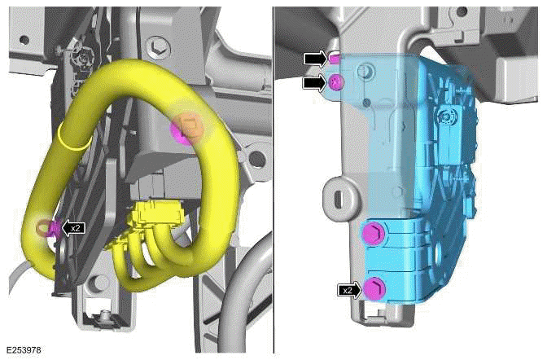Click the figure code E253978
click(x=24, y=350)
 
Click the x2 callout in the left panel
click(x=73, y=229)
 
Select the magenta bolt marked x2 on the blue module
click(x=373, y=288)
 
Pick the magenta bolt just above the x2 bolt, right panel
click(x=370, y=235)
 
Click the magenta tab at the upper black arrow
click(x=334, y=58)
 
